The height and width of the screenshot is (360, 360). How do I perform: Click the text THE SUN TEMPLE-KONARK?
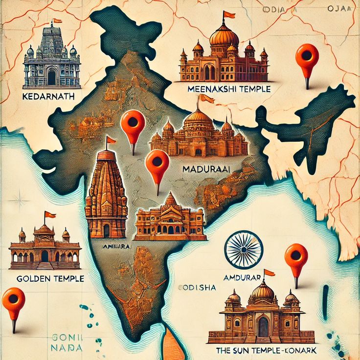pyautogui.click(x=265, y=351)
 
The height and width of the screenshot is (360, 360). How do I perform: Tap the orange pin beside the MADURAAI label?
pyautogui.click(x=157, y=163)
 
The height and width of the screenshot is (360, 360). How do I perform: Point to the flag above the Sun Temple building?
pyautogui.click(x=269, y=272)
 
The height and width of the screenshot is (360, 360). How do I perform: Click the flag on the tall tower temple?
pyautogui.click(x=112, y=140)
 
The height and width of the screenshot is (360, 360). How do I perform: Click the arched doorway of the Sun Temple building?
pyautogui.click(x=263, y=326)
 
